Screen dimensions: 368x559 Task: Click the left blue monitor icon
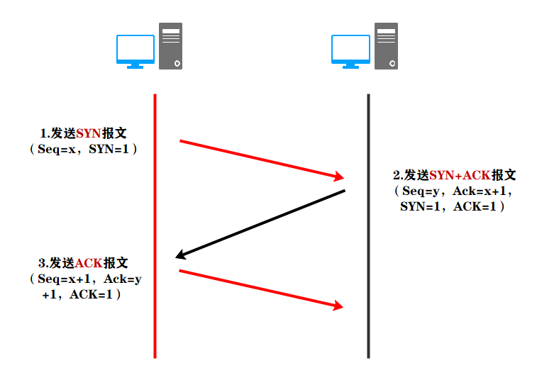(x=135, y=50)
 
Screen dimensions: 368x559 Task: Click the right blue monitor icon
(x=350, y=50)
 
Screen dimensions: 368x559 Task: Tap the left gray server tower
(x=170, y=46)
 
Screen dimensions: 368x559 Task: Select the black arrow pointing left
(x=260, y=223)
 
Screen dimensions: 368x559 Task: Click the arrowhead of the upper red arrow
(x=338, y=177)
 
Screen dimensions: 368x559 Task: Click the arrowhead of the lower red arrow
(x=337, y=306)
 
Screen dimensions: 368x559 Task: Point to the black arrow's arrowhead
(x=181, y=256)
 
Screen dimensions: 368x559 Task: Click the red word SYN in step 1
(x=89, y=133)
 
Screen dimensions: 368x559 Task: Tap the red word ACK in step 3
(x=89, y=263)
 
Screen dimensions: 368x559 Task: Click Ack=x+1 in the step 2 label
(x=480, y=191)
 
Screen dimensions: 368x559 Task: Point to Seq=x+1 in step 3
(x=61, y=279)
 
